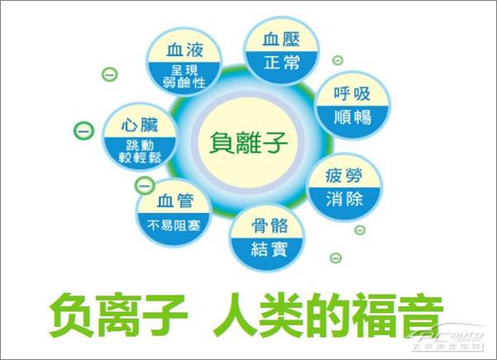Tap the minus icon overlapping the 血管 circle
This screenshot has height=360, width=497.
pyautogui.click(x=144, y=184)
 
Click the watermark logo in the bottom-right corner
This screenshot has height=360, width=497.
pyautogui.click(x=455, y=340)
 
